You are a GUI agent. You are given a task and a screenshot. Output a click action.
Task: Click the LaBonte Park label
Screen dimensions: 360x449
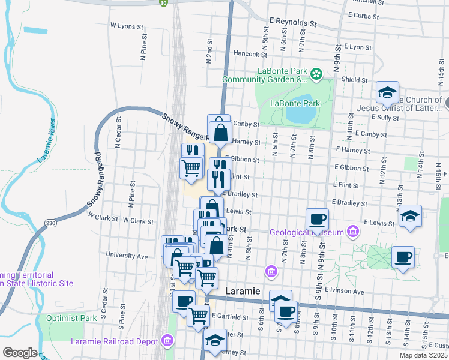click(x=295, y=103)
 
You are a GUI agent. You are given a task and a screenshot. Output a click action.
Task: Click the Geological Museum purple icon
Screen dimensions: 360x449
click(x=352, y=232)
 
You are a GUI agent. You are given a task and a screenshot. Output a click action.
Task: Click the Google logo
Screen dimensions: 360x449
click(x=20, y=352)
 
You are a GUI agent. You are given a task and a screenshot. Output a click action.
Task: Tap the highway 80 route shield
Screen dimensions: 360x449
click(x=163, y=2)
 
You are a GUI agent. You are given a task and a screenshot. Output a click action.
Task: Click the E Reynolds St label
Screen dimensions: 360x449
click(x=292, y=22)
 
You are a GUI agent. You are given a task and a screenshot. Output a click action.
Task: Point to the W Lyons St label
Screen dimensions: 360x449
click(x=127, y=26)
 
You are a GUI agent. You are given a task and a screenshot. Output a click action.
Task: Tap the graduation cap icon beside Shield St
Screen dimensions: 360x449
click(x=388, y=94)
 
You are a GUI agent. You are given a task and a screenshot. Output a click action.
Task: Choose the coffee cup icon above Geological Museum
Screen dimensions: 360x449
click(x=317, y=219)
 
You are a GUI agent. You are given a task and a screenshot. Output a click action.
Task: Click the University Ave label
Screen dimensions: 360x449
click(x=127, y=256)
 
